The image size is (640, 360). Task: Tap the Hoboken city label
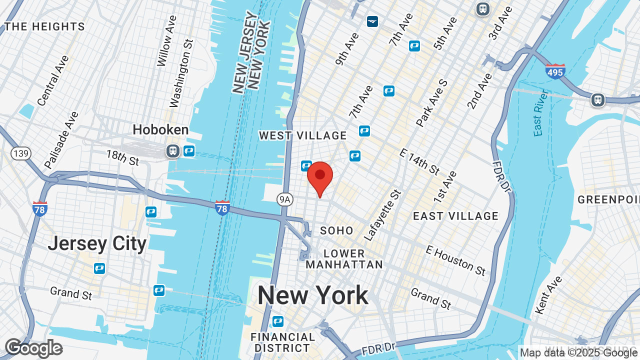tap(160, 130)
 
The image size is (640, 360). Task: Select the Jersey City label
tap(97, 244)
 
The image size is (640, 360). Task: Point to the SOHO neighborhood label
tap(336, 230)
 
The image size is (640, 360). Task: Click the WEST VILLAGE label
tap(302, 135)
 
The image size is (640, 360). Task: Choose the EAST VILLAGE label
tap(455, 216)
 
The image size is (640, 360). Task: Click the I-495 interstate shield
tap(555, 71)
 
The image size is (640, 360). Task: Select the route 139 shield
tap(21, 153)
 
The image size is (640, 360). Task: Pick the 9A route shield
tap(284, 200)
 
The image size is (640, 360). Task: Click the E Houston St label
tap(455, 260)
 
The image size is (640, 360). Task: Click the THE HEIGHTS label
tap(44, 26)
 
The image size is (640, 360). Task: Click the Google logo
tap(33, 348)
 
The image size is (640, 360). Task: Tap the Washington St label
tap(181, 73)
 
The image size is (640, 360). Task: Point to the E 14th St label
tap(419, 161)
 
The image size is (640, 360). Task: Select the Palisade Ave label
tap(61, 139)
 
